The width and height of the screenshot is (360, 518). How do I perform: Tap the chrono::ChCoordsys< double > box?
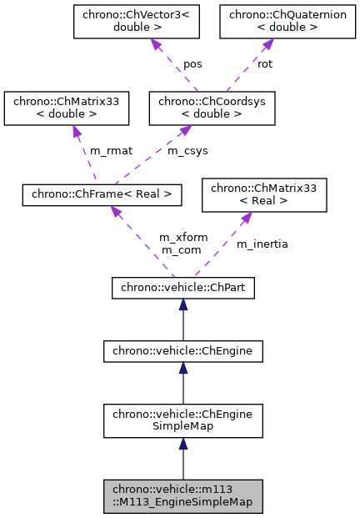[211, 108]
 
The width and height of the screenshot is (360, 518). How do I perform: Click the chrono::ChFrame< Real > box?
[102, 194]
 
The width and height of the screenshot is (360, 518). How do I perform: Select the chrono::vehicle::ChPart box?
[183, 289]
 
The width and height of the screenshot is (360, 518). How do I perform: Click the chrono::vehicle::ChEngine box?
[183, 352]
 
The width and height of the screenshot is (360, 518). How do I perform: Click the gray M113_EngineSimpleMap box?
[183, 496]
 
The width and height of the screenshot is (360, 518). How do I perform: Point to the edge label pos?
[192, 63]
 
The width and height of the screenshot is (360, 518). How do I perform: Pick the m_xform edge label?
[183, 238]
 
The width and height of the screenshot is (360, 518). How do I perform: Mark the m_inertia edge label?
[262, 244]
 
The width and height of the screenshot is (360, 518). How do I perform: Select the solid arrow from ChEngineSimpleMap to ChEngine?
[183, 384]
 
